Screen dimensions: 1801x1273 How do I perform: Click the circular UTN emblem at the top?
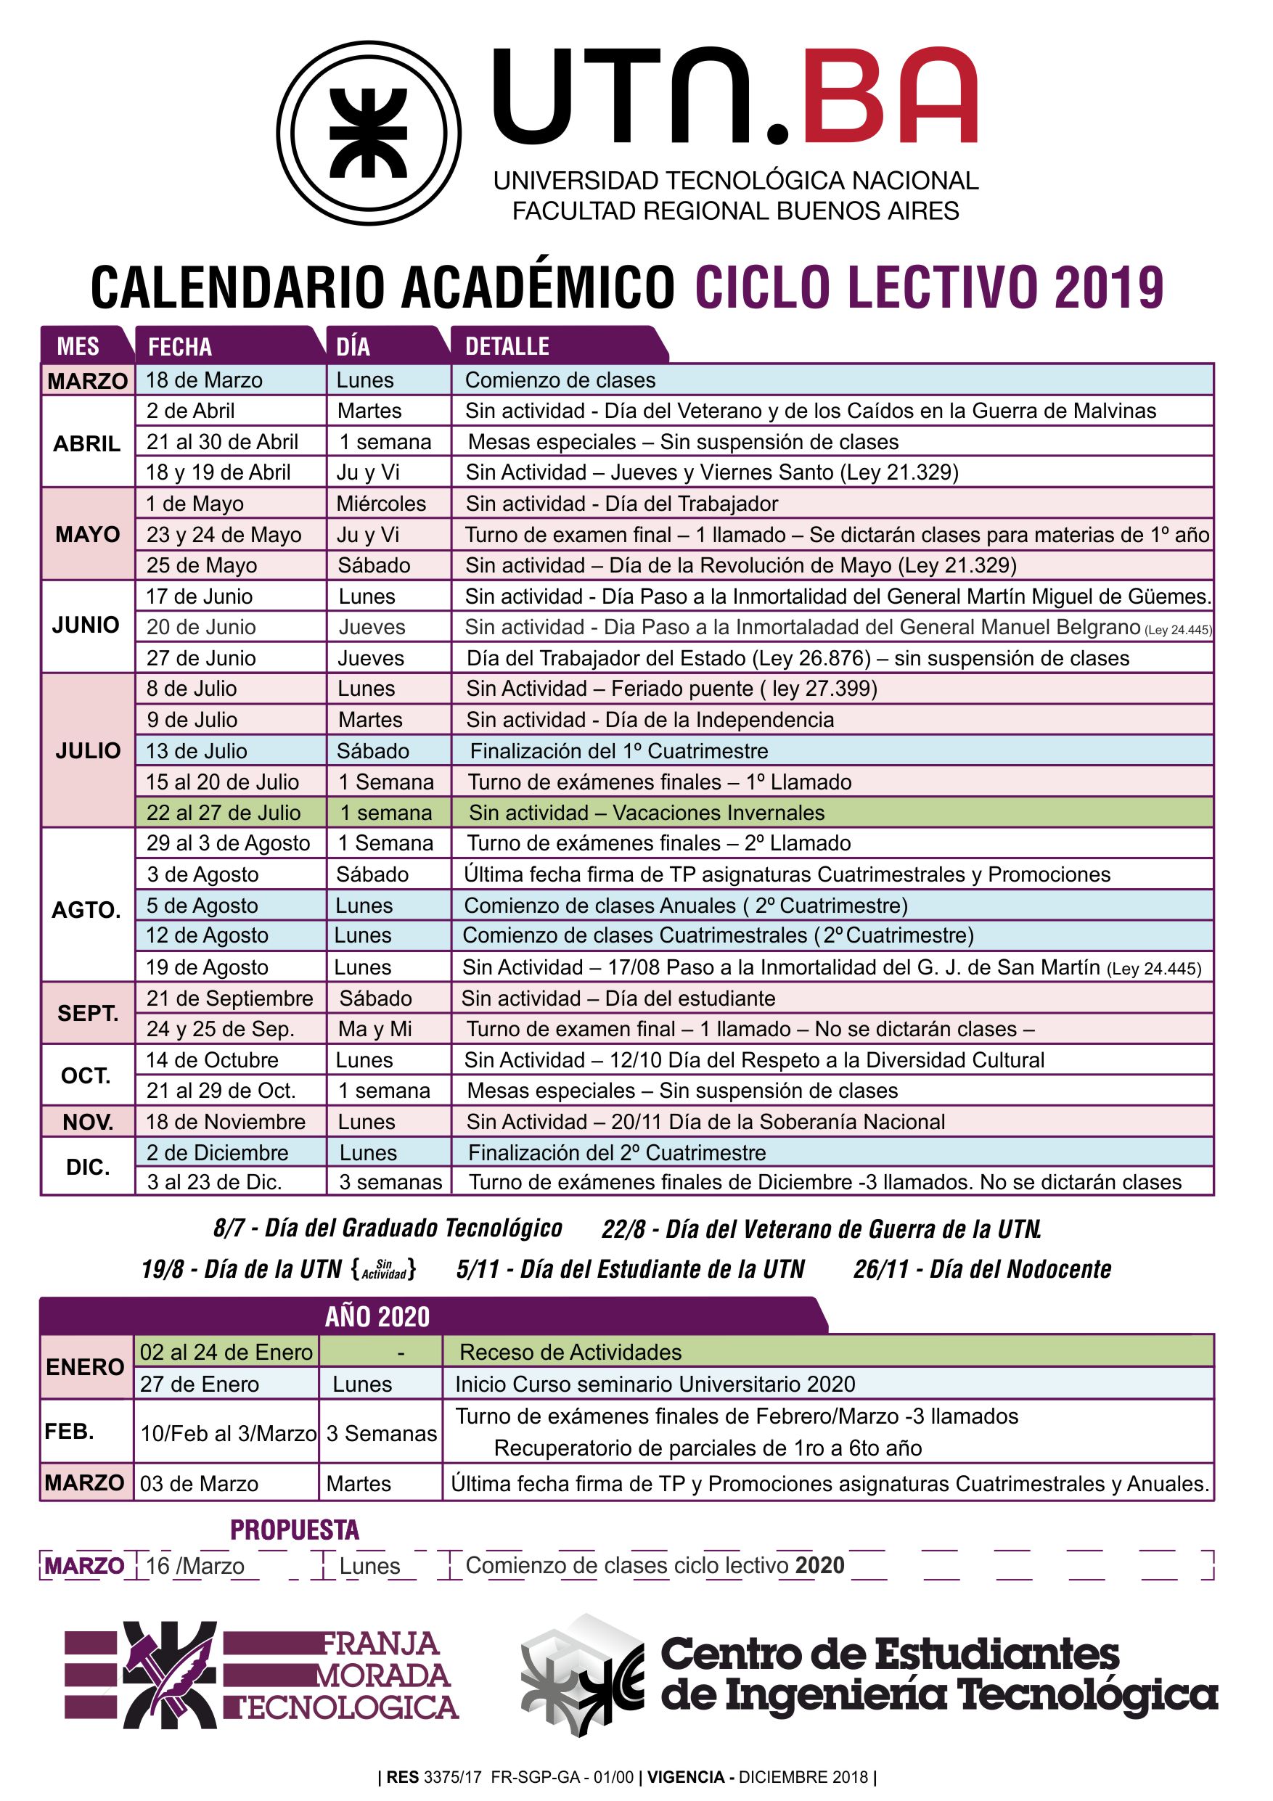(368, 133)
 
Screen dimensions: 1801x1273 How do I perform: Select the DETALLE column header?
(507, 346)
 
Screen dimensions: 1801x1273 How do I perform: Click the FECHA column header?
(179, 346)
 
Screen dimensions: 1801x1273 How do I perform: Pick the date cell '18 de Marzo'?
(204, 380)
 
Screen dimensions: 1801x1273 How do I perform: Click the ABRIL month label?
(87, 444)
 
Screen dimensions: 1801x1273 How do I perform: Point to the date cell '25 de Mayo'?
(202, 565)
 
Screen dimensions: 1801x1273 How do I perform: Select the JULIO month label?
(88, 751)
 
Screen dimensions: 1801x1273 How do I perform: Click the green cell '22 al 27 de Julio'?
(224, 813)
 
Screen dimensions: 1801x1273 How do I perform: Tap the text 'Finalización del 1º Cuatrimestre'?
(618, 751)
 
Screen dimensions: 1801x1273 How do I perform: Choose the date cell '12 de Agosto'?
(207, 935)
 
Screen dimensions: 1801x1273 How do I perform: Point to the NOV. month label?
(88, 1122)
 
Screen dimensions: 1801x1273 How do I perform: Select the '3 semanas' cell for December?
(390, 1182)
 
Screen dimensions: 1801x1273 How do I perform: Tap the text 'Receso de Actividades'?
(570, 1353)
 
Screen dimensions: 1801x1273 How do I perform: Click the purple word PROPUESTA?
(294, 1530)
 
